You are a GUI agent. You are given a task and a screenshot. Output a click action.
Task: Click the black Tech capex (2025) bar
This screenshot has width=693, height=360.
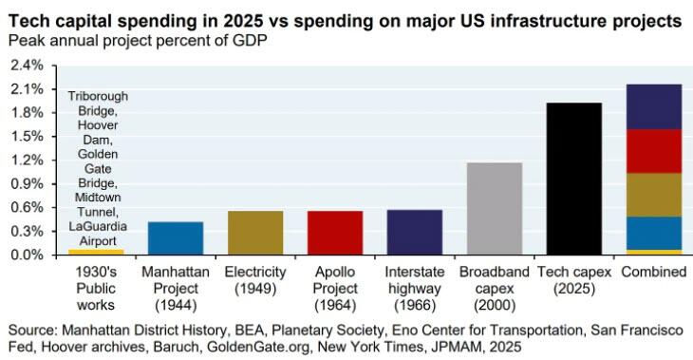[574, 179]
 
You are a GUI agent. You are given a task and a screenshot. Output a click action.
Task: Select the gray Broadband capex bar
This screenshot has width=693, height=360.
[495, 209]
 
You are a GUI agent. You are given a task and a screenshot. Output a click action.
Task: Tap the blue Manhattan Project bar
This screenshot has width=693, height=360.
[176, 238]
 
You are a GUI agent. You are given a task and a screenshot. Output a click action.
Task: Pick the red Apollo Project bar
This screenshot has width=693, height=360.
[335, 233]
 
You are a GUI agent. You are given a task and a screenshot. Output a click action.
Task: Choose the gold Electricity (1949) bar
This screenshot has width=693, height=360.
[255, 233]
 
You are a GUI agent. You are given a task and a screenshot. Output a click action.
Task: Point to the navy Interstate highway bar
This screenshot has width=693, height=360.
[415, 233]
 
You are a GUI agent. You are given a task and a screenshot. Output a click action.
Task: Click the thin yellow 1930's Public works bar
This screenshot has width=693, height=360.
[96, 252]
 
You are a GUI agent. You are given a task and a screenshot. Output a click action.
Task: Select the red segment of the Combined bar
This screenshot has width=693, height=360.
[654, 151]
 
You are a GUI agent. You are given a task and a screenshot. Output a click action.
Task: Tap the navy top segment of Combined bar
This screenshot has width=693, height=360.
[654, 106]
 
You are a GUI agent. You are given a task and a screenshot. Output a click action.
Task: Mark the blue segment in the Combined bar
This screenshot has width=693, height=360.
[654, 233]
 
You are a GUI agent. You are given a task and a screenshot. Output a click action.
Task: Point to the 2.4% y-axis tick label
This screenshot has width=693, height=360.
[28, 66]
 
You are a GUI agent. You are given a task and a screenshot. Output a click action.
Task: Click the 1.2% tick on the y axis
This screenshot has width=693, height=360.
[28, 161]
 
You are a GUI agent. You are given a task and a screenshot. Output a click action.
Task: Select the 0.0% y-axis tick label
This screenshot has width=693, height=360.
[28, 256]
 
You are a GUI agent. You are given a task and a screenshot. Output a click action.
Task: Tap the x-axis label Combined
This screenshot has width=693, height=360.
[654, 272]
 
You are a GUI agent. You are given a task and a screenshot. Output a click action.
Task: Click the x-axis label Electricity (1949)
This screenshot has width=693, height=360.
[255, 280]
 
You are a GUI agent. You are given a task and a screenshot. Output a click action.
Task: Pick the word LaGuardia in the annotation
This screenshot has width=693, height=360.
[98, 226]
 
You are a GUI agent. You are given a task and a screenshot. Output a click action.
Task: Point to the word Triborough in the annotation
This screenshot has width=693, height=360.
[98, 97]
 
